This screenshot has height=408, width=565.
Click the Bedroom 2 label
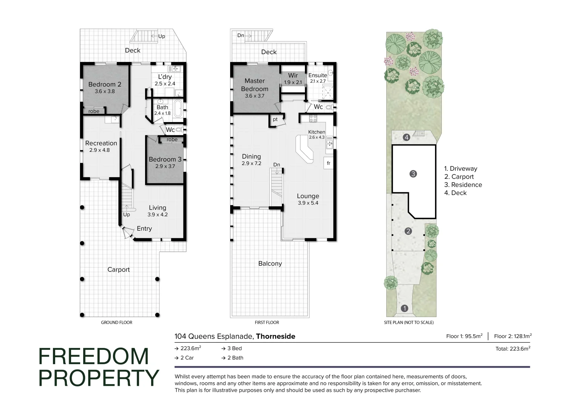pos(105,84)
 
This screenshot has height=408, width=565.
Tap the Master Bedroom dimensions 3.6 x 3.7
pos(254,96)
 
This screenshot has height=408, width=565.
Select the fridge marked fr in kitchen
pos(328,163)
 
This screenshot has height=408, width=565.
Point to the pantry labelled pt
pos(275,119)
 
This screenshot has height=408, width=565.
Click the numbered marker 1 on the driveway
pos(404,308)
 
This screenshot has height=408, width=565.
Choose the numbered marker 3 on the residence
pos(413,174)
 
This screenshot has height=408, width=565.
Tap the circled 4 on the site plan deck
pos(406,137)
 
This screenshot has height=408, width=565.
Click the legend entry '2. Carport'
pos(459,177)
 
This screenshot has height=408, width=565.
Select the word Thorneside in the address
pos(276,336)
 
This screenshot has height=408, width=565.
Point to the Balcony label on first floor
pos(270,263)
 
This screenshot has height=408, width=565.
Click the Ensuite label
pos(317,75)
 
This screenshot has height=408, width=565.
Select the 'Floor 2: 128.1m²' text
pos(512,336)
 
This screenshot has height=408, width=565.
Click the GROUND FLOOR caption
pos(116,322)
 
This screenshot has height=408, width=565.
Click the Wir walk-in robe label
pos(293,76)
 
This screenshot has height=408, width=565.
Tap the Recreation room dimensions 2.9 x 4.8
pos(99,150)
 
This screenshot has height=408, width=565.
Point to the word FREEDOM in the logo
pos(94,356)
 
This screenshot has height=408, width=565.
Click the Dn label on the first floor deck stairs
pos(241,36)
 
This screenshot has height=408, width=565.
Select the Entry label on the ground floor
pos(144,229)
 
